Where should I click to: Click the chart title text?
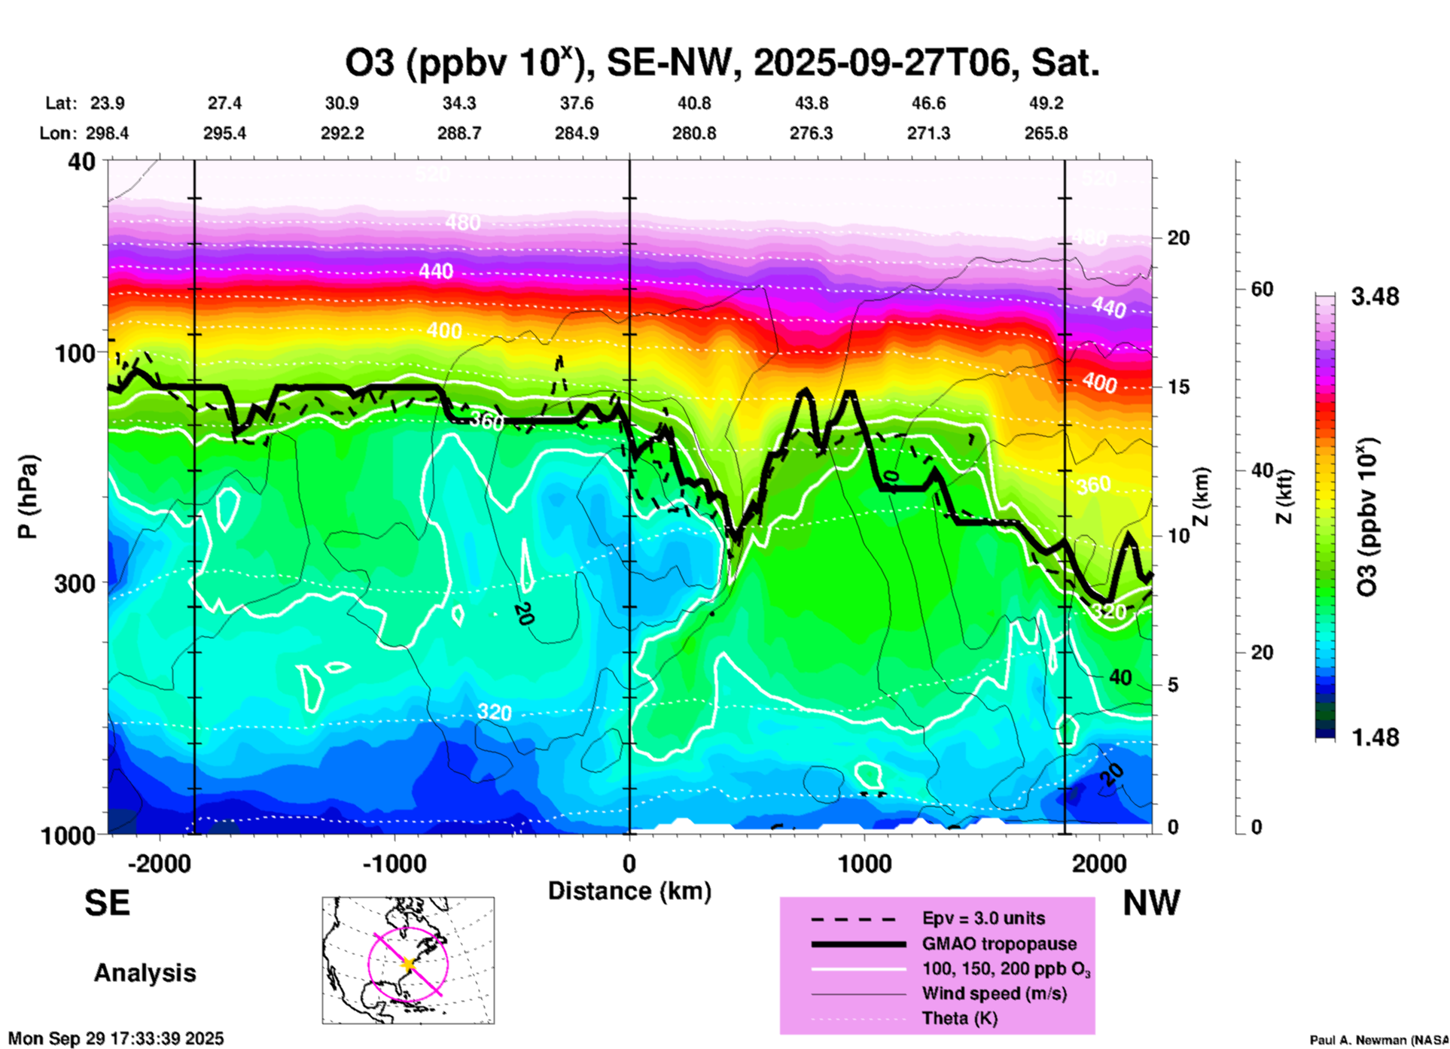pyautogui.click(x=721, y=63)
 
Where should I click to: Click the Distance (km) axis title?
pyautogui.click(x=629, y=891)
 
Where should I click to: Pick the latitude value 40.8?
pyautogui.click(x=693, y=103)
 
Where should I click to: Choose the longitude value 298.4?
pyautogui.click(x=107, y=133)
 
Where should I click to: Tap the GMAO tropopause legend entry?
pyautogui.click(x=999, y=944)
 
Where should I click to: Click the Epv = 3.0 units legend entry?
pyautogui.click(x=983, y=918)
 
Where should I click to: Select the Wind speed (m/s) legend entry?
pyautogui.click(x=994, y=993)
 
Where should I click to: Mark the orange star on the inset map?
pyautogui.click(x=408, y=964)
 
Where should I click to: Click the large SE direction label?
pyautogui.click(x=108, y=903)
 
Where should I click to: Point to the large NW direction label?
pyautogui.click(x=1151, y=903)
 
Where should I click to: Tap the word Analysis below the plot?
pyautogui.click(x=145, y=972)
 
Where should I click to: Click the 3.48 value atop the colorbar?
pyautogui.click(x=1375, y=296)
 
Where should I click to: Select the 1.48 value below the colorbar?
pyautogui.click(x=1375, y=737)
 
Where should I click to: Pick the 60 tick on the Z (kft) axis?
pyautogui.click(x=1261, y=289)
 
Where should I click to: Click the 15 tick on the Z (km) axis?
pyautogui.click(x=1177, y=387)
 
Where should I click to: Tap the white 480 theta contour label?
pyautogui.click(x=462, y=223)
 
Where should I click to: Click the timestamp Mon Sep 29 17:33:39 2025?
pyautogui.click(x=116, y=1038)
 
